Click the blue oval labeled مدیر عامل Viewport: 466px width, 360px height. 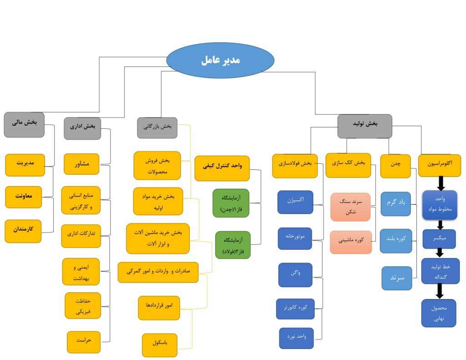[x=220, y=61]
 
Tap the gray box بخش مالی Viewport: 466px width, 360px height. [x=24, y=124]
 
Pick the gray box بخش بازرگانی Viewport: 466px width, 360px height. [x=157, y=128]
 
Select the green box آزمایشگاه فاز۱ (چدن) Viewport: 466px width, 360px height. [x=231, y=203]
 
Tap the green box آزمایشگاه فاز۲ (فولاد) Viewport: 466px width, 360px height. [x=233, y=244]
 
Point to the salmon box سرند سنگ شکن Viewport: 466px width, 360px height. [x=351, y=205]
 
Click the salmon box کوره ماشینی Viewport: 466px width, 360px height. [x=351, y=242]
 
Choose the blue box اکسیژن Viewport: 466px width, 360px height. [x=295, y=202]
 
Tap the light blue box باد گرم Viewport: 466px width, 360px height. [x=396, y=203]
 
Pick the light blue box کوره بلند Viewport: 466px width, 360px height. [x=396, y=241]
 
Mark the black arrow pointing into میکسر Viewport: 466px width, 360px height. [x=441, y=225]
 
